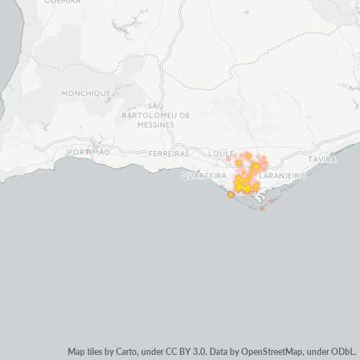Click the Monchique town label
point(86,93)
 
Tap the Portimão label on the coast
point(89,153)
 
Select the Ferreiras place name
point(168,153)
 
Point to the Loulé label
point(221,154)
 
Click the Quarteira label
point(204,175)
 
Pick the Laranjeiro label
point(282,175)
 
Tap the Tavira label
point(322,158)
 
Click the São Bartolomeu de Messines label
point(156,114)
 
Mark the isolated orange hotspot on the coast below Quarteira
point(231,194)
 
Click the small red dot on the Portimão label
point(86,151)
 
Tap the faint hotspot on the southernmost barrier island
point(262,208)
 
